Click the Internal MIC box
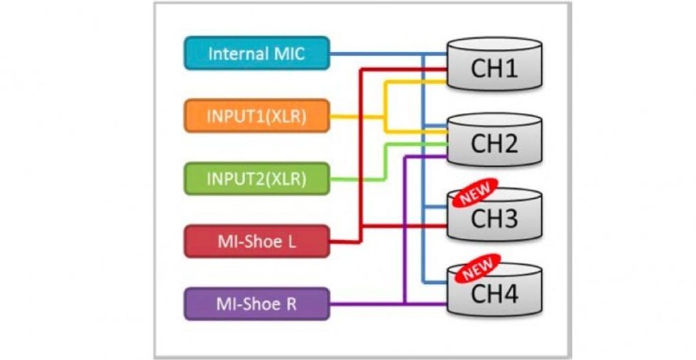click(x=257, y=53)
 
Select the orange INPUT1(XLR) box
click(x=257, y=116)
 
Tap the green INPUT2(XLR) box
click(x=257, y=178)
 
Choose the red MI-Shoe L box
click(x=257, y=241)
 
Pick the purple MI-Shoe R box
click(x=257, y=304)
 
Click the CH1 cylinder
click(x=494, y=64)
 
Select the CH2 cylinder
click(x=494, y=139)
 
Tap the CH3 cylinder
click(x=494, y=215)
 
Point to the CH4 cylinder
click(x=494, y=290)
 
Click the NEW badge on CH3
click(x=475, y=192)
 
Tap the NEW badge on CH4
click(x=477, y=268)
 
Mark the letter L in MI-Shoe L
click(x=292, y=242)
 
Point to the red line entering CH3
click(x=405, y=227)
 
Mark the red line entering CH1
click(x=405, y=70)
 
